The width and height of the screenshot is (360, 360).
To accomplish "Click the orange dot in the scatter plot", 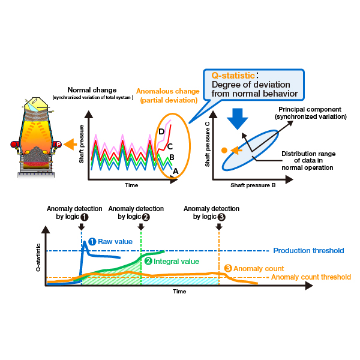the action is (x=224, y=151).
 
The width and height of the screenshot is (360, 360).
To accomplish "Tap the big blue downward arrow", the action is (x=238, y=119).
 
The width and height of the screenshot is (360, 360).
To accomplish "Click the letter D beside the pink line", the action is (x=161, y=131).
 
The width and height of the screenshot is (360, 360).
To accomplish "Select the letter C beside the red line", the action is (x=170, y=146).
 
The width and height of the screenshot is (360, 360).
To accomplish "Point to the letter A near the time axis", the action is (x=175, y=171).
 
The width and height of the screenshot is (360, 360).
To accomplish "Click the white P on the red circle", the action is (x=59, y=145).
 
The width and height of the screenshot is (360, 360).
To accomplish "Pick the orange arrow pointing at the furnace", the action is (x=70, y=145).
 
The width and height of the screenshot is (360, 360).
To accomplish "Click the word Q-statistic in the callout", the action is (x=233, y=76).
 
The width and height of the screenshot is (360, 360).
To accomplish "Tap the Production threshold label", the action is (x=308, y=250).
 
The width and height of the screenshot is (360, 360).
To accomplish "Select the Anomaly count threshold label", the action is (x=311, y=277).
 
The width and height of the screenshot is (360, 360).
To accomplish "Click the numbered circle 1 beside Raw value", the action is (x=92, y=242).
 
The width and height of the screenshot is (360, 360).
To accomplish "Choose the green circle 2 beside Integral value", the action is (x=148, y=261).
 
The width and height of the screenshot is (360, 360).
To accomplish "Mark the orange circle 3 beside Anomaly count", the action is (x=228, y=268).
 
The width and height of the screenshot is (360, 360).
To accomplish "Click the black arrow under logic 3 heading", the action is (x=219, y=227).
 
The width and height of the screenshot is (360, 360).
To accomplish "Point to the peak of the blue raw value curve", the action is (x=85, y=242).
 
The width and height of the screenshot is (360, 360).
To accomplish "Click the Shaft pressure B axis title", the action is (x=253, y=185).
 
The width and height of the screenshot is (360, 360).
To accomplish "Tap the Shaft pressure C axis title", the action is (x=208, y=144).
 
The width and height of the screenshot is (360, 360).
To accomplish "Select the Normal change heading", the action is (x=92, y=90).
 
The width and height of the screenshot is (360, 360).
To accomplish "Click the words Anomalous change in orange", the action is (x=168, y=91).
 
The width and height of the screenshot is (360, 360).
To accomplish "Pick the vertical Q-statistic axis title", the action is (x=38, y=257).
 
